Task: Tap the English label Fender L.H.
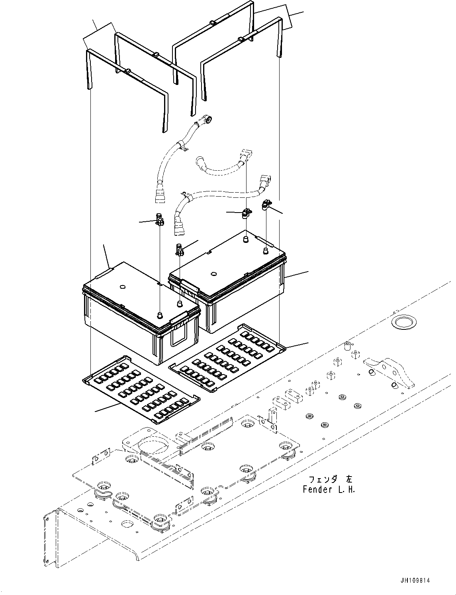329,489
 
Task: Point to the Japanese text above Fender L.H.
330,479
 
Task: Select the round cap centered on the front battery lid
122,286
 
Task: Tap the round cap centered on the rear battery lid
213,274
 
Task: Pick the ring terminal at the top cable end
207,119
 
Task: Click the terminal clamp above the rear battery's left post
246,214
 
